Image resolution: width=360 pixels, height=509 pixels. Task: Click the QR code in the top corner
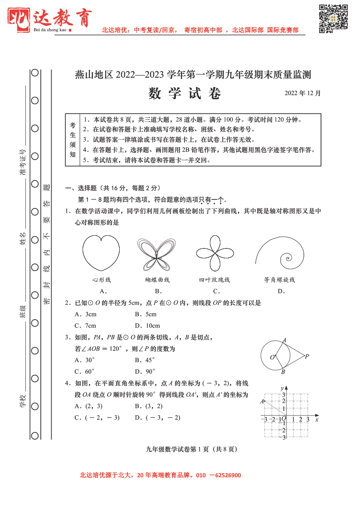point(333,19)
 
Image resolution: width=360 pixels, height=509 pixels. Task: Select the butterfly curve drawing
point(156,254)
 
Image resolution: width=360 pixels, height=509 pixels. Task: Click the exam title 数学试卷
point(185,93)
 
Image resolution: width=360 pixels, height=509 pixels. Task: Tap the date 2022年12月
point(302,93)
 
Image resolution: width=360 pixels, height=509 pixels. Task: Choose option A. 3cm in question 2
point(86,314)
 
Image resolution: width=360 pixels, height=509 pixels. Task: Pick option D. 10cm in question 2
point(147,325)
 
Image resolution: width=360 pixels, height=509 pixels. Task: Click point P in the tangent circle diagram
point(307,356)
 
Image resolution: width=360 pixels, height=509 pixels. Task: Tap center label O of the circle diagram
point(272,357)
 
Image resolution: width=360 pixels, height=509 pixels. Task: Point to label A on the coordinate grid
point(262,401)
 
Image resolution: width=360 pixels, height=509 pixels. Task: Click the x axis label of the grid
point(316,420)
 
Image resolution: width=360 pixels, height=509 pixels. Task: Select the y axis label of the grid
point(282,388)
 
